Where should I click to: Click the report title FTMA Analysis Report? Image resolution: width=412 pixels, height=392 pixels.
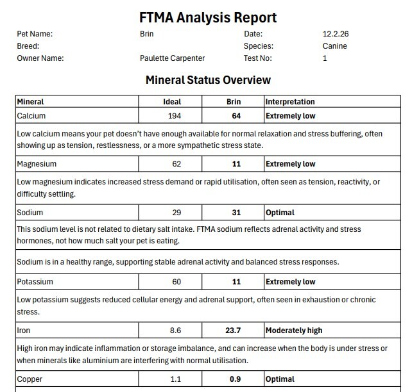pyautogui.click(x=208, y=17)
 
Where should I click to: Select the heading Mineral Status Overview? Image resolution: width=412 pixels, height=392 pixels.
pyautogui.click(x=208, y=80)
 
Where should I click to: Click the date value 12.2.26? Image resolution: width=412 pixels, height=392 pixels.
pyautogui.click(x=335, y=34)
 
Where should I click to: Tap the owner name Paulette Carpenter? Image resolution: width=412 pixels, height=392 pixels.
pyautogui.click(x=172, y=58)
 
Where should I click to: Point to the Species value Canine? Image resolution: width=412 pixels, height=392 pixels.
pyautogui.click(x=335, y=46)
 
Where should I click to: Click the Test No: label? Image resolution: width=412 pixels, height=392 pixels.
pyautogui.click(x=257, y=58)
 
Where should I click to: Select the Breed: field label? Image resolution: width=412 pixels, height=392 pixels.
pyautogui.click(x=28, y=46)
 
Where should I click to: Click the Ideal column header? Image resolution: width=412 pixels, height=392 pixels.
pyautogui.click(x=172, y=102)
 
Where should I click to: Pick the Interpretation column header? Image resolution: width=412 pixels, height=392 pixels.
pyautogui.click(x=290, y=102)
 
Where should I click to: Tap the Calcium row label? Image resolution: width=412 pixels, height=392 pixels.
pyautogui.click(x=31, y=116)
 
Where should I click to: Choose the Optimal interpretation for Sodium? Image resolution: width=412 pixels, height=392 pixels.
pyautogui.click(x=280, y=213)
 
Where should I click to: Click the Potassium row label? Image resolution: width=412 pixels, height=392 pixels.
pyautogui.click(x=35, y=282)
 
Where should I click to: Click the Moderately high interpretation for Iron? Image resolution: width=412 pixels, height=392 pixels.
pyautogui.click(x=294, y=331)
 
